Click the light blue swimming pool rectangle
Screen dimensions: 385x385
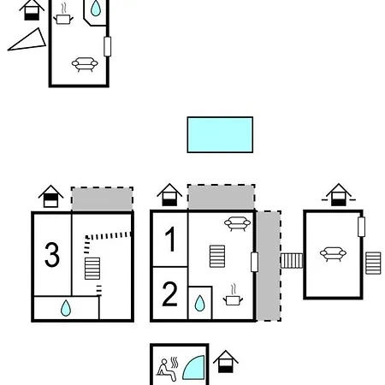pos(220,134)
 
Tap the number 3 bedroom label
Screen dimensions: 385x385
pos(52,255)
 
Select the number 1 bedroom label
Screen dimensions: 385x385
pos(170,240)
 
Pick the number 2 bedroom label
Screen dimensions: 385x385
pos(170,294)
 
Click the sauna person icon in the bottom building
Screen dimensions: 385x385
pos(166,368)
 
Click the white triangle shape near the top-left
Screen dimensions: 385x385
pos(28,41)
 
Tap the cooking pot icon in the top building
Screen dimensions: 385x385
pos(63,15)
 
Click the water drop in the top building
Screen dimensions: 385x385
pos(95,9)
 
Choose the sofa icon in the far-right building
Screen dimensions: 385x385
pos(332,252)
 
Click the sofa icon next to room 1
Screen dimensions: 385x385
pos(236,224)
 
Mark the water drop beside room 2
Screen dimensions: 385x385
pos(199,303)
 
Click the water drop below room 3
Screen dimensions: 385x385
pos(66,308)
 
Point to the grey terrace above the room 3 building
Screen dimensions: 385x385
pos(102,199)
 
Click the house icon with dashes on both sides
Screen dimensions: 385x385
pos(339,195)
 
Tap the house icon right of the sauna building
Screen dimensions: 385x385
pos(225,361)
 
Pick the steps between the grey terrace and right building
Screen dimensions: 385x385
pos(292,260)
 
